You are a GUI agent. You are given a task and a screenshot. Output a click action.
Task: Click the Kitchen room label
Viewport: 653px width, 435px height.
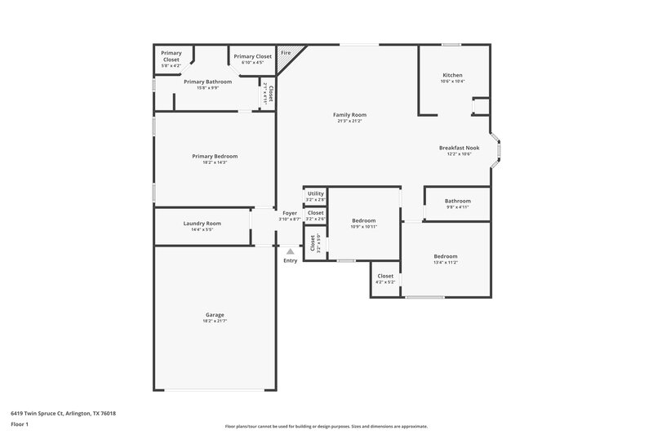(x=452, y=75)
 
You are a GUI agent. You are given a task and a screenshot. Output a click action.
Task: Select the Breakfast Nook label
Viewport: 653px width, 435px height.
(x=459, y=148)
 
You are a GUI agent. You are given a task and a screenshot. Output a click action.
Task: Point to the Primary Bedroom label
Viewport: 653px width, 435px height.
(x=215, y=156)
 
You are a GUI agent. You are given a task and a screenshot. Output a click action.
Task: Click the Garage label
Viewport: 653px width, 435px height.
(x=215, y=314)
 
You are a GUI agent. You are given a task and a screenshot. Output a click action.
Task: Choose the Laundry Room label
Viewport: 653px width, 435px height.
(x=202, y=223)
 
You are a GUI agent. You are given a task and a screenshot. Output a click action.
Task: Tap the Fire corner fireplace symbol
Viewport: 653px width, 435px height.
(x=287, y=53)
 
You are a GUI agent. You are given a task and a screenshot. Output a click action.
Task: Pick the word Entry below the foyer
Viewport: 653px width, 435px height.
(x=291, y=260)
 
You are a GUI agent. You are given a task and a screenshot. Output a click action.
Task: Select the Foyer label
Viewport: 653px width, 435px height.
(x=290, y=212)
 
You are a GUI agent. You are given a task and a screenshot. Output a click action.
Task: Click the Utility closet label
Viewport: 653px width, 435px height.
(x=315, y=193)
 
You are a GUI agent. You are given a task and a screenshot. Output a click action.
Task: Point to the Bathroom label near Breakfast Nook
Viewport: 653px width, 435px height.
(x=457, y=201)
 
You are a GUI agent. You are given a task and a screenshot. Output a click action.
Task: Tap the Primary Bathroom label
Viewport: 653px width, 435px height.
(x=207, y=82)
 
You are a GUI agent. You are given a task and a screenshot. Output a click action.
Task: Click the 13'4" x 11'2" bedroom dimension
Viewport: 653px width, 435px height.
(x=445, y=263)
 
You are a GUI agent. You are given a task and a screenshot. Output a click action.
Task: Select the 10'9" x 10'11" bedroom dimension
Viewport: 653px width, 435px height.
(x=363, y=227)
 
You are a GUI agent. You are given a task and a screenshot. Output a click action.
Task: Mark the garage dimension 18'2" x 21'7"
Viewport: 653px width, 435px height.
(x=215, y=321)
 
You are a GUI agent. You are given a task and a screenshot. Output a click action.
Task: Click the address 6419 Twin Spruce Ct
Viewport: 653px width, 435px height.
(x=63, y=413)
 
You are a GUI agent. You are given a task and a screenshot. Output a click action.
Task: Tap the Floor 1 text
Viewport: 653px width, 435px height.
(x=20, y=425)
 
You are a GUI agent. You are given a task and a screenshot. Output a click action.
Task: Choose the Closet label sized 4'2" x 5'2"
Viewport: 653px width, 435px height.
(x=385, y=276)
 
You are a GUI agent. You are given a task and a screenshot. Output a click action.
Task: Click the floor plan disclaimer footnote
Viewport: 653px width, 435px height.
(x=326, y=426)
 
